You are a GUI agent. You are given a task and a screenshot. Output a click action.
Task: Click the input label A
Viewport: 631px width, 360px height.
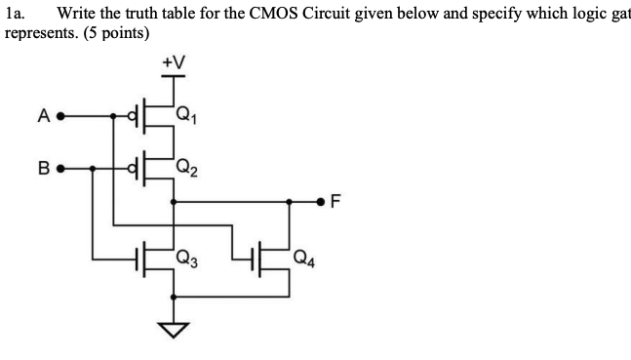click(43, 118)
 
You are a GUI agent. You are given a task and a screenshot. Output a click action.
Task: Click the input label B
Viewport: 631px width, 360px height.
click(43, 168)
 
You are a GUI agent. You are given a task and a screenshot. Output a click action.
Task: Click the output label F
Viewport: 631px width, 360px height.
click(337, 203)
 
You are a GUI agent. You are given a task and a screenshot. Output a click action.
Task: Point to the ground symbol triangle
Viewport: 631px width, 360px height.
click(173, 332)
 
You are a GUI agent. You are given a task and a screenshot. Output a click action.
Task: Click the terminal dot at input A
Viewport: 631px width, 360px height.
click(60, 118)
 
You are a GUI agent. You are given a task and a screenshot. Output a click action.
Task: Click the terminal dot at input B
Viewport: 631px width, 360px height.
click(60, 168)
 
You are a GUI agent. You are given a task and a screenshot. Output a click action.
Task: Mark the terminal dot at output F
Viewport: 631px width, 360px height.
click(322, 203)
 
